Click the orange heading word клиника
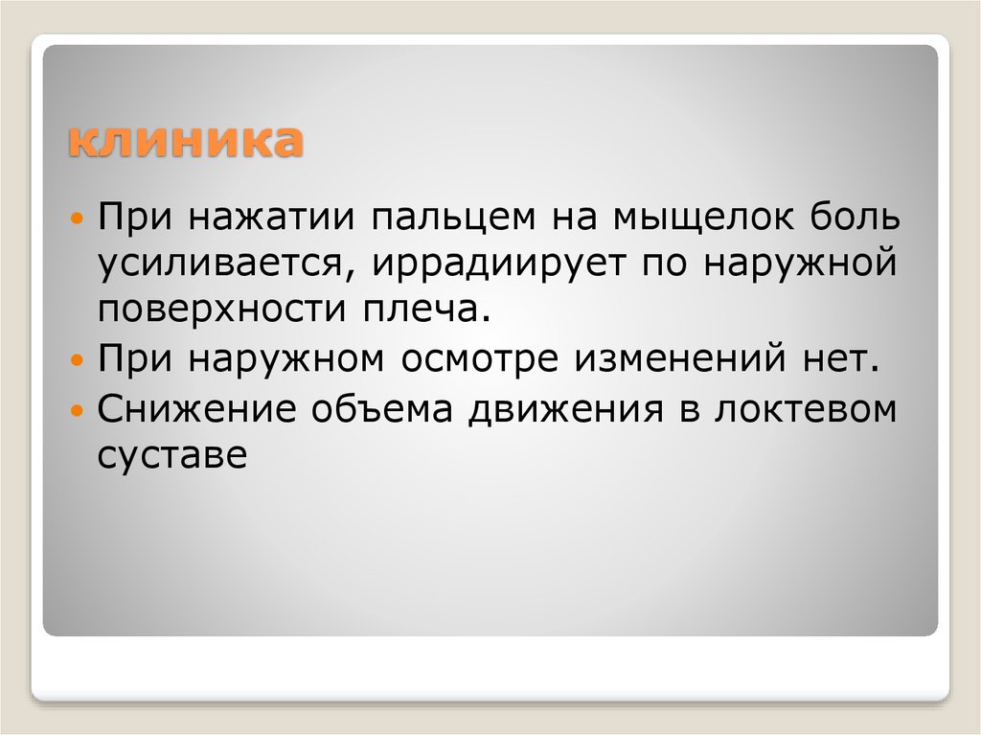tap(183, 144)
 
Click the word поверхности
tap(222, 310)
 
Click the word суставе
tap(171, 456)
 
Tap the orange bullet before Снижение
tap(80, 410)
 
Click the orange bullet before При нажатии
tap(80, 217)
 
